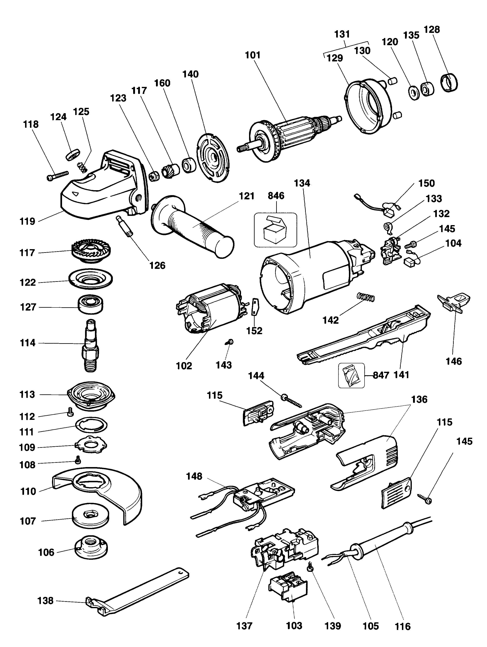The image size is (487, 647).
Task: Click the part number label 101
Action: (x=253, y=55)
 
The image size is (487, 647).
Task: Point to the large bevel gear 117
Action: (x=91, y=251)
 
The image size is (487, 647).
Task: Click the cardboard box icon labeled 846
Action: (x=275, y=230)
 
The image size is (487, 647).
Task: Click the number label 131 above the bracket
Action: (x=342, y=35)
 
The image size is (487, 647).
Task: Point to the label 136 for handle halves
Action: (x=419, y=399)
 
